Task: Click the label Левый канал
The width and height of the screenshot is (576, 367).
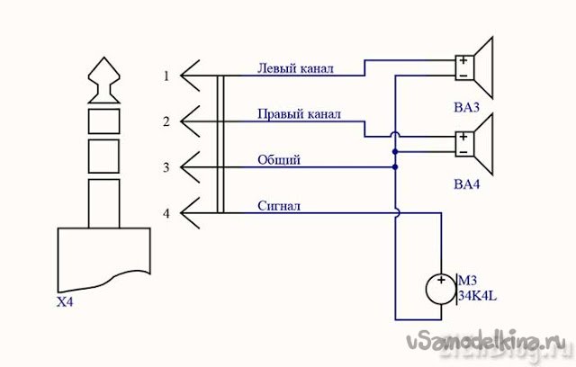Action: [296, 67]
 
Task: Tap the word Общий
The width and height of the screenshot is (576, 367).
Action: [279, 159]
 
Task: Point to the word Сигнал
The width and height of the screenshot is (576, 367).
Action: [279, 206]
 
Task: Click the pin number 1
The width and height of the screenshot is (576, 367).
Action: [166, 76]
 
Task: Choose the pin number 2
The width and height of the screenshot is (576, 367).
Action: [166, 121]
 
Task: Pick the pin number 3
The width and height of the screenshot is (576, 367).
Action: [166, 167]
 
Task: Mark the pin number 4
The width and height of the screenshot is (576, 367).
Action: [166, 214]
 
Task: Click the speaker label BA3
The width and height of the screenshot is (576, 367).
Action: [467, 109]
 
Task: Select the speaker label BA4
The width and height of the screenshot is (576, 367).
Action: [467, 184]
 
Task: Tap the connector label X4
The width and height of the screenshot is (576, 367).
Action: [64, 302]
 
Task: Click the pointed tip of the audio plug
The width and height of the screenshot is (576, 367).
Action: [104, 65]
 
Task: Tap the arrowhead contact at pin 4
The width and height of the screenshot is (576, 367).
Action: [191, 214]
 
